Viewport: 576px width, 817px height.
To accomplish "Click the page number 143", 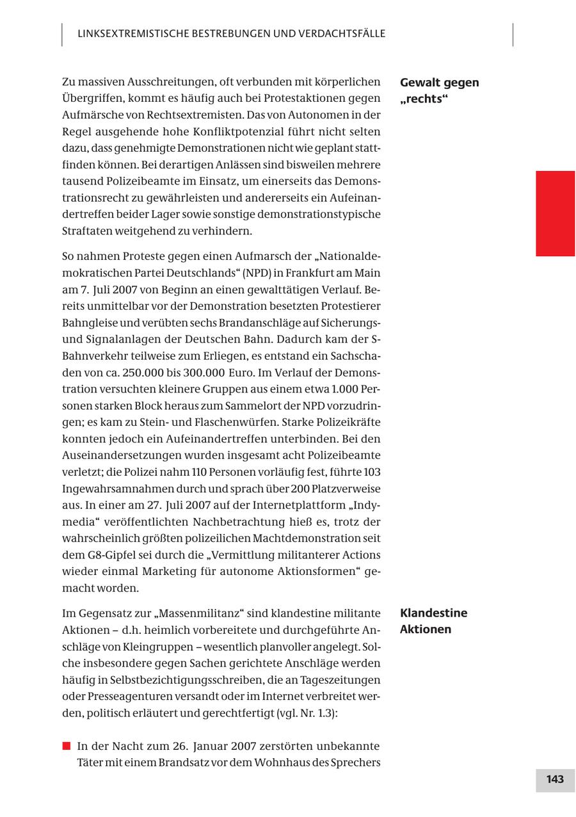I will coord(555,779).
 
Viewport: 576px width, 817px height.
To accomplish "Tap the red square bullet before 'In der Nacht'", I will coord(66,746).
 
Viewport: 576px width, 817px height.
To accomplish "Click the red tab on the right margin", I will coord(555,213).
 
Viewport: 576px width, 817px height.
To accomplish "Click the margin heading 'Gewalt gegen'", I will coord(439,83).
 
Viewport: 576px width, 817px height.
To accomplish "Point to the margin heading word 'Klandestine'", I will coord(433,613).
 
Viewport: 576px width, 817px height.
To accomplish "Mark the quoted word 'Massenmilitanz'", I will coord(207,613).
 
